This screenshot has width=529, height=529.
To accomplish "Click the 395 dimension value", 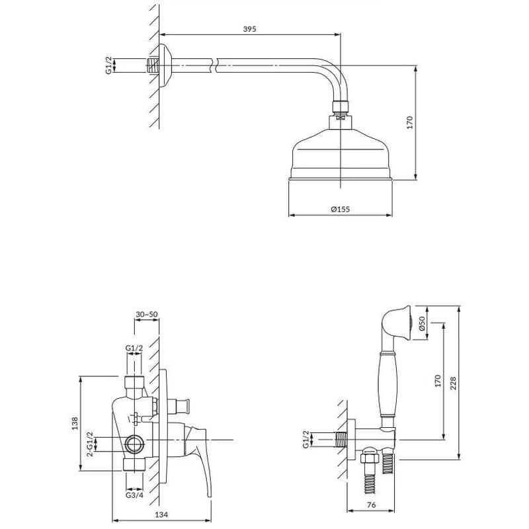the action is click(250, 29).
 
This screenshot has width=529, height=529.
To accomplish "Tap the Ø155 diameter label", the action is click(341, 209).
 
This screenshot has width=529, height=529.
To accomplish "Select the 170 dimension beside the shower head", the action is click(409, 122).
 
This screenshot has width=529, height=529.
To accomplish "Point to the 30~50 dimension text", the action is click(147, 314).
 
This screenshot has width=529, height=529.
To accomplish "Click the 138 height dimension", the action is click(75, 423).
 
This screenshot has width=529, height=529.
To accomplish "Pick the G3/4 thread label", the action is click(134, 495).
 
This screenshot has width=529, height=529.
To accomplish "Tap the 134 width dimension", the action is click(161, 515).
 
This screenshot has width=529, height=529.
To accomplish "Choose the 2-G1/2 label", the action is click(90, 444).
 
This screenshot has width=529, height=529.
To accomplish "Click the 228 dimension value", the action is click(453, 384).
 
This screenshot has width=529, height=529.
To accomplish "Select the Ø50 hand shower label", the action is click(422, 323).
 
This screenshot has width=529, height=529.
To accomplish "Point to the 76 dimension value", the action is click(371, 505).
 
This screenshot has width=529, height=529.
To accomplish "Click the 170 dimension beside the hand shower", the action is click(438, 381).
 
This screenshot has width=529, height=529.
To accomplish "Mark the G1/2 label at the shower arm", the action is click(108, 65).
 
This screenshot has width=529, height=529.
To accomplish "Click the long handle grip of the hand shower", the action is click(387, 384).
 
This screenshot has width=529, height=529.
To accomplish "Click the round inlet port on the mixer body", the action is click(135, 444).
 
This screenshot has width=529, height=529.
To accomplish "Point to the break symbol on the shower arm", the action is click(214, 65).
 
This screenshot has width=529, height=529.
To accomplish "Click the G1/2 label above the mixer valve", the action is click(134, 348).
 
